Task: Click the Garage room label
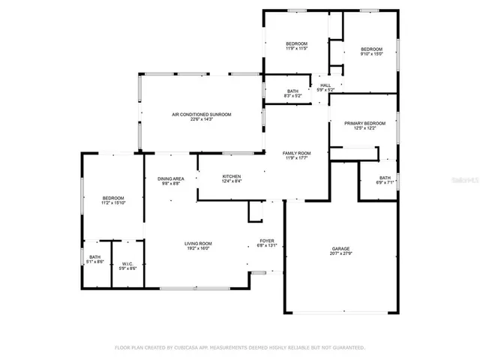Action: [x=341, y=249]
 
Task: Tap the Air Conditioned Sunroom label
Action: [x=202, y=114]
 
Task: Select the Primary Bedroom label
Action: [x=365, y=123]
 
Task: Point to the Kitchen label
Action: [x=231, y=176]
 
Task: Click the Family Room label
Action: [x=298, y=153]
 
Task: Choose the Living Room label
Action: [x=199, y=243]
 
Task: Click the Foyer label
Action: [x=267, y=241]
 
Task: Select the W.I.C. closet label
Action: [x=127, y=263]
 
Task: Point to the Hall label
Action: [x=325, y=85]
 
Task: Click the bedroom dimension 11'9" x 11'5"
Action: [x=297, y=49]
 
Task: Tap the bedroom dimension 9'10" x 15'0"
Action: [x=371, y=53]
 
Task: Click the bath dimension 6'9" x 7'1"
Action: [x=385, y=183]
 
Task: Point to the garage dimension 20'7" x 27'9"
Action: [x=341, y=254]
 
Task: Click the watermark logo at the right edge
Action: [x=471, y=181]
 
